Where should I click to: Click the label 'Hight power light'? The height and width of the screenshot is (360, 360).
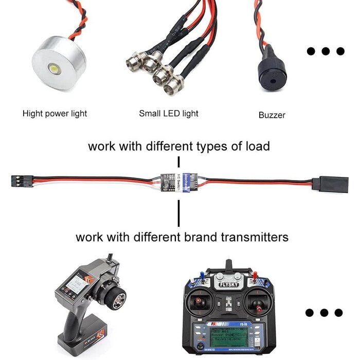click(55, 113)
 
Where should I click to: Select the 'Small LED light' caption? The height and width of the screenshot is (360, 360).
click(169, 113)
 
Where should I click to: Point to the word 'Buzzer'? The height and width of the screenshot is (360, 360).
click(272, 115)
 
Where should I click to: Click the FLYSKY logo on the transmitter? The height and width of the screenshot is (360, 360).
click(228, 283)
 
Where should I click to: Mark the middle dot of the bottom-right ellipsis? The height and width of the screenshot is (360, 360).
click(323, 313)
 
